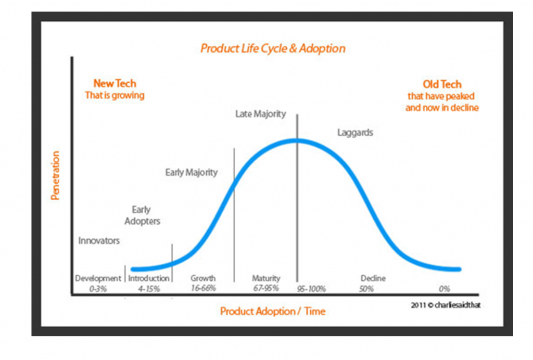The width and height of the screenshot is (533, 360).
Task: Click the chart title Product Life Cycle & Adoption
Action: pos(273,48)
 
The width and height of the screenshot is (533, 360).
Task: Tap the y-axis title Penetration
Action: pos(55,175)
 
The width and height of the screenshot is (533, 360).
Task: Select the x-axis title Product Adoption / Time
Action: pos(273,311)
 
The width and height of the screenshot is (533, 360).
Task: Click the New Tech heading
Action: pos(115,83)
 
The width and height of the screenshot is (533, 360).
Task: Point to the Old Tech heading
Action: pos(442,84)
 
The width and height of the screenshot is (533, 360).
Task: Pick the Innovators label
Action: pos(99,240)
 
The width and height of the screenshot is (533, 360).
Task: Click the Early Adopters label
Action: pos(142,215)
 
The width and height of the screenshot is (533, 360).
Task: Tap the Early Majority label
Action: pos(192,173)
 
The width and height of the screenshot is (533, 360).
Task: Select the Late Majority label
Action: pos(261,114)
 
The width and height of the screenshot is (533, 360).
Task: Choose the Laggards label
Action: pos(355,133)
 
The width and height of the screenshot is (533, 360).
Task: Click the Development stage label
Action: pos(98,278)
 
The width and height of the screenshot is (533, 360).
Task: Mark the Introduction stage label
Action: pos(148,278)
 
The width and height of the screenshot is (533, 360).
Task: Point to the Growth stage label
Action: pos(203,278)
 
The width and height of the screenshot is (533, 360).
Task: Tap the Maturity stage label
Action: pos(266,278)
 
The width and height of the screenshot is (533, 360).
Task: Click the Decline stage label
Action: pos(373,278)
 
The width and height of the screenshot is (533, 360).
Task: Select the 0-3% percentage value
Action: pos(98,289)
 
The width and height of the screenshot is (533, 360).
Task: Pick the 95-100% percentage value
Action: pos(311,289)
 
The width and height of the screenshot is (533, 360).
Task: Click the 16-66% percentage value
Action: pos(204,288)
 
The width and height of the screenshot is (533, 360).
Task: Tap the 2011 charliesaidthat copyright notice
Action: pos(446,305)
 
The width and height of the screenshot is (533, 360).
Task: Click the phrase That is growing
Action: pos(115,95)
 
